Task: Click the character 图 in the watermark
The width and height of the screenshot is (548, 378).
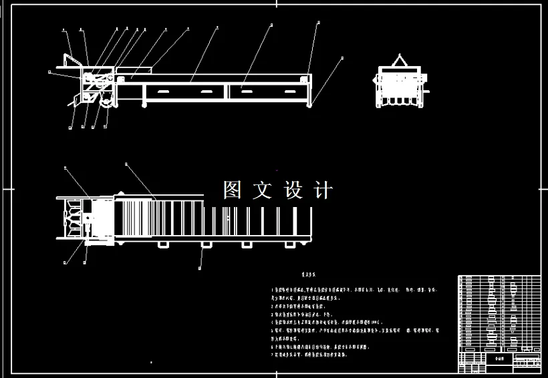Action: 232,190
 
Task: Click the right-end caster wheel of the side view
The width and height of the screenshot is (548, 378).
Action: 309,104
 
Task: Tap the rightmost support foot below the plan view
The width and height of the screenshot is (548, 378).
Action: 290,244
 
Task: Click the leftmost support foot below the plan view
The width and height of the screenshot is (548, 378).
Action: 162,244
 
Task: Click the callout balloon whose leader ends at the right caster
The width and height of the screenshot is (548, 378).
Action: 342,58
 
